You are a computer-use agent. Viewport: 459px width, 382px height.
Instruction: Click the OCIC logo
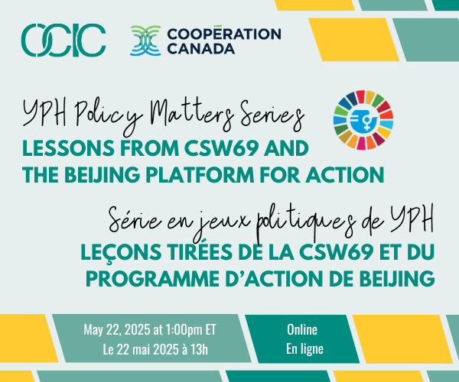pos(63,40)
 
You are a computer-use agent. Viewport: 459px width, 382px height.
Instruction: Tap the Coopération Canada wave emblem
pos(145,40)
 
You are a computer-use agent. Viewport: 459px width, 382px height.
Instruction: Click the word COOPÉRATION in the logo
pos(224,34)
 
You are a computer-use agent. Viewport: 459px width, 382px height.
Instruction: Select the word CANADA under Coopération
pos(200,49)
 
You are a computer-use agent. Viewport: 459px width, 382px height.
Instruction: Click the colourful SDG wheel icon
pos(363,120)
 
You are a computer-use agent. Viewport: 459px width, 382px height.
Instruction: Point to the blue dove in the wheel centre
pos(363,120)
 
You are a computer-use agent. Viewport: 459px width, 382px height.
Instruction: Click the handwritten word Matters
pos(192,114)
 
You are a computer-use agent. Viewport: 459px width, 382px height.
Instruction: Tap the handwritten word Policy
pos(109,116)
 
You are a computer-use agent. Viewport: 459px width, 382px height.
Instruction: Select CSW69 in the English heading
pos(221,148)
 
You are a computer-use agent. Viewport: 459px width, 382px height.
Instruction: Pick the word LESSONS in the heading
pos(68,148)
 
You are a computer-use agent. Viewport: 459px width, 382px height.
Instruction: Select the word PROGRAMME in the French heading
pos(152,279)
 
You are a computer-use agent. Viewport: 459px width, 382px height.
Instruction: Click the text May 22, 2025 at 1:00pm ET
pos(150,330)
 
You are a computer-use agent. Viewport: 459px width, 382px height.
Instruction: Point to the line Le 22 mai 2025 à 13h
pos(155,349)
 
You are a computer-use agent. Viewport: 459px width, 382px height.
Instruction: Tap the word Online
pos(302,330)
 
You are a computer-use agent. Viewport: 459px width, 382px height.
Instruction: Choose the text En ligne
pos(304,349)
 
